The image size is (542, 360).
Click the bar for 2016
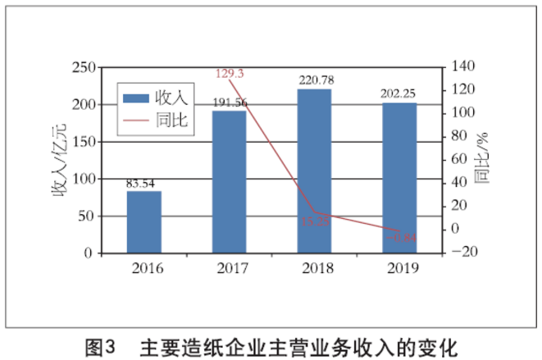click(x=143, y=222)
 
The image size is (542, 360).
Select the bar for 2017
click(x=230, y=182)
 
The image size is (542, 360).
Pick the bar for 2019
click(x=399, y=178)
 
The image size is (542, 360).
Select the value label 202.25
click(x=399, y=94)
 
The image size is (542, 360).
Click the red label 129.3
click(x=230, y=74)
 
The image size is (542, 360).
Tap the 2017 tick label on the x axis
click(x=230, y=268)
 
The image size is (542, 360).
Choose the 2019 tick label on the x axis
click(x=400, y=268)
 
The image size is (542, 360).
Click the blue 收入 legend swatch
click(x=136, y=98)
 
